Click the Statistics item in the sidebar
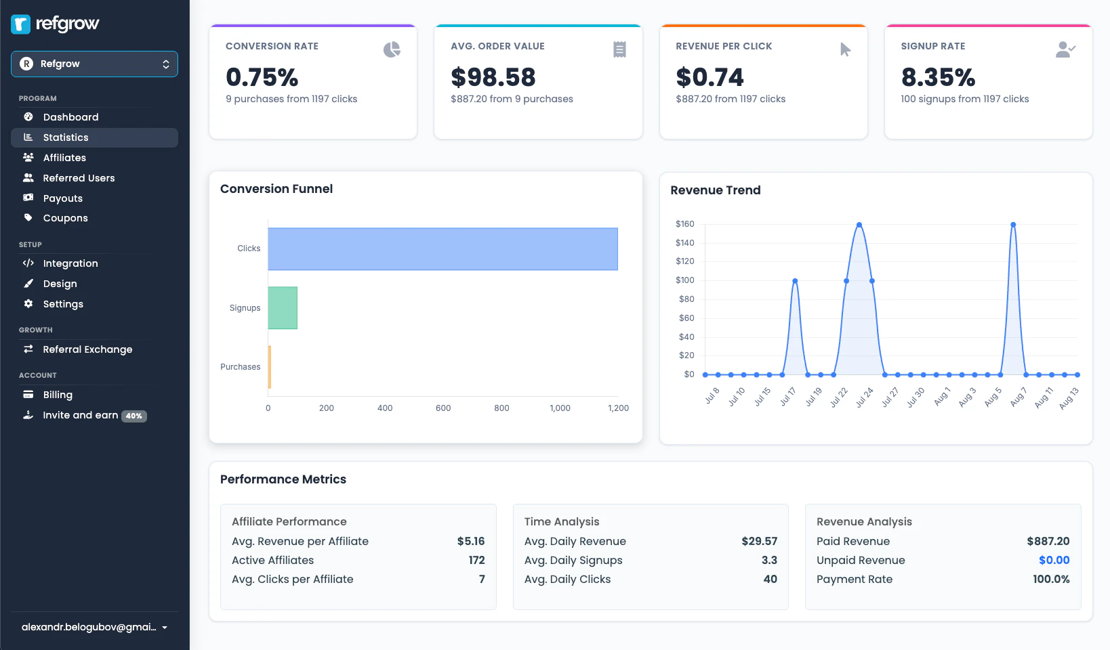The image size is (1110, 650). [66, 137]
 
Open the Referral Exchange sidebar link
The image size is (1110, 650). [87, 349]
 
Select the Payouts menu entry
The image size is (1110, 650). [62, 198]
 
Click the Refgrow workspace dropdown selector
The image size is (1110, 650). [94, 64]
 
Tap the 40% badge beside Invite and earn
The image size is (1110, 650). [134, 416]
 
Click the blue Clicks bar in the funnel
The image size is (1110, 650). [443, 248]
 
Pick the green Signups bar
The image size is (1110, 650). [283, 308]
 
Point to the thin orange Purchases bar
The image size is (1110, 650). [270, 367]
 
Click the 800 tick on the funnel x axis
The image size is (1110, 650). [501, 408]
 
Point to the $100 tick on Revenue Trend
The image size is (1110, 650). [684, 280]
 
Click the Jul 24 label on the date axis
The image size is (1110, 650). [864, 397]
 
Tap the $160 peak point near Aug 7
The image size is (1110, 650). [1013, 225]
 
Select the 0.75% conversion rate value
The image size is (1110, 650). [262, 77]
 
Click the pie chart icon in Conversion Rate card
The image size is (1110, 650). [392, 49]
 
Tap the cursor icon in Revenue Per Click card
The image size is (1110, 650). [845, 49]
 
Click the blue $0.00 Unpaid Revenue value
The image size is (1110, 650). [1054, 560]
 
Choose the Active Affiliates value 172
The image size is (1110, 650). [476, 560]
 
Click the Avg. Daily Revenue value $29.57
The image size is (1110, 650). [759, 541]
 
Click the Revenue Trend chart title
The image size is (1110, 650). [715, 190]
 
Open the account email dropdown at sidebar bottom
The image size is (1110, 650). [94, 627]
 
